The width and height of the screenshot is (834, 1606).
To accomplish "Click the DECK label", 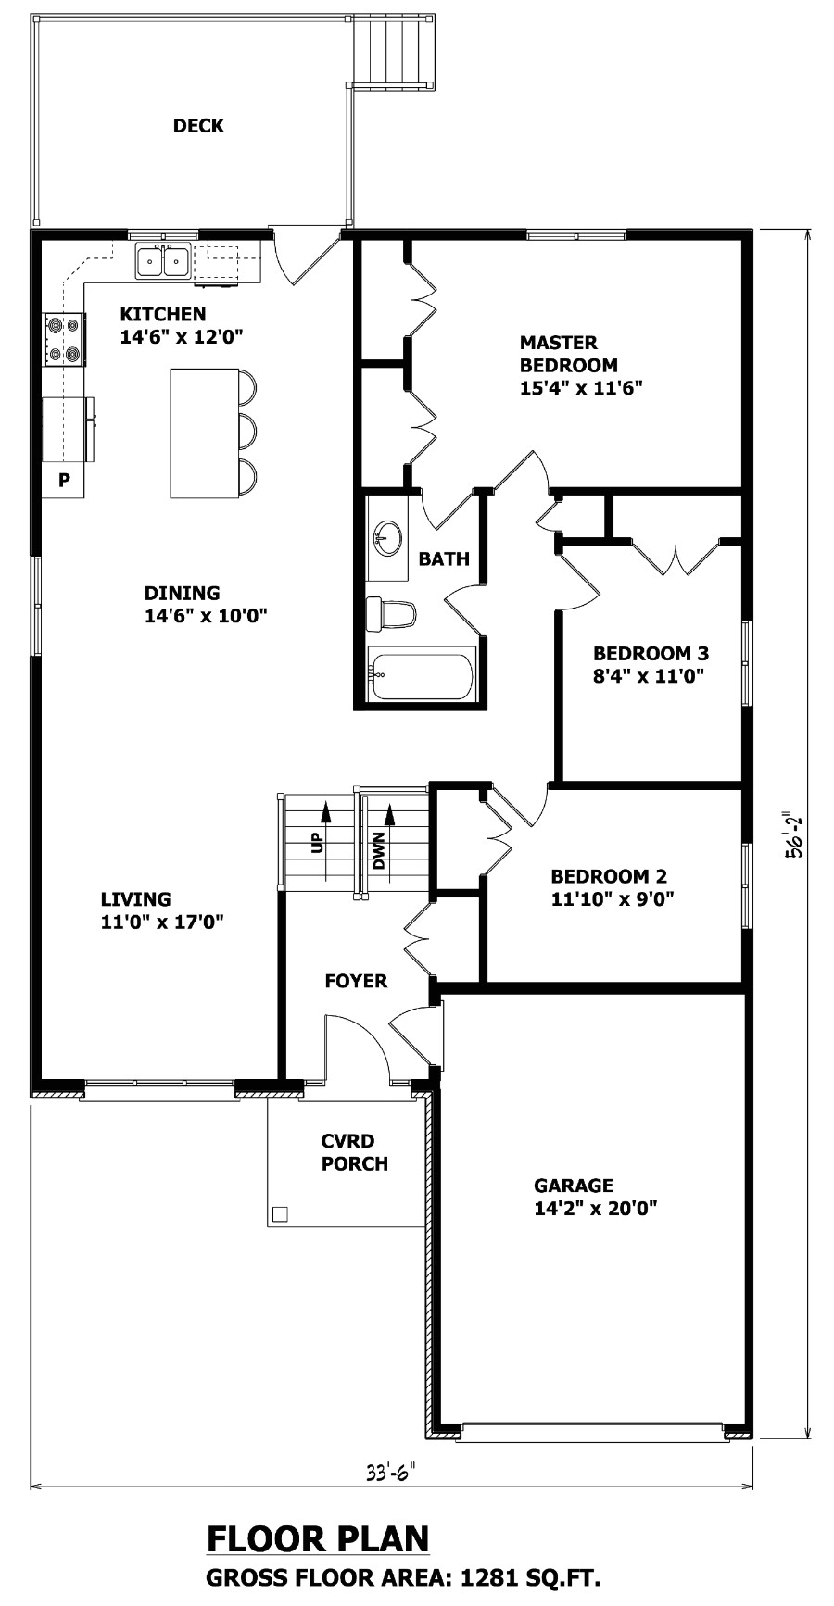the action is point(198,126).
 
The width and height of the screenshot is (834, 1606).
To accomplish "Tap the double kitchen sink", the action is point(163,262).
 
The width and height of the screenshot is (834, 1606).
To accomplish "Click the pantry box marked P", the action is point(64,480).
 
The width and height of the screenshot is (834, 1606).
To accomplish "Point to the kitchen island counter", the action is point(204,433).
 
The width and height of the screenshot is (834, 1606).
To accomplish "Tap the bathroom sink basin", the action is point(388,537).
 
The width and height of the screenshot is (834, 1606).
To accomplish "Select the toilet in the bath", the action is point(391,614).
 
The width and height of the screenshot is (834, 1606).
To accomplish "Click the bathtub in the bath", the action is point(423,674).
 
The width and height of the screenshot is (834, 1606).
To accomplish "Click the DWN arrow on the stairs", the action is point(390,825).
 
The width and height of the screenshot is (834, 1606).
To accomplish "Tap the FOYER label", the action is point(356,981).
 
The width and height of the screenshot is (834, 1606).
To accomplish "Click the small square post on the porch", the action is point(280,1213).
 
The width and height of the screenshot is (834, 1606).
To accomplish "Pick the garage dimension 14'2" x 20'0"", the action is point(596,1208).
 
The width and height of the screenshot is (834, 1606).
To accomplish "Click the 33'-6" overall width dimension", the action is point(390,1471).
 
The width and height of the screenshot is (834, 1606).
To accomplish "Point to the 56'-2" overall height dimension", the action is point(794,837).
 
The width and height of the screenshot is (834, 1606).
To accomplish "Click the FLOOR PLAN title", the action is point(318,1538).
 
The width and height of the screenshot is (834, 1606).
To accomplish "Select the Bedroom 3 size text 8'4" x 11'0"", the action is point(649,676).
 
